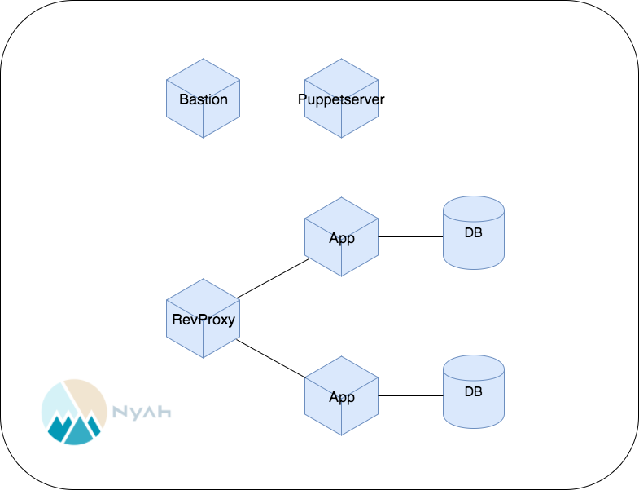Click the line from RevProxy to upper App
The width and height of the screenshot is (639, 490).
pos(273,278)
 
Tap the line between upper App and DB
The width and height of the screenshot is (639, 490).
pos(410,237)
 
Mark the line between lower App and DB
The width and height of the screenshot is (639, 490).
pos(410,396)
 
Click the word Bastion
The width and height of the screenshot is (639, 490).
pos(203,100)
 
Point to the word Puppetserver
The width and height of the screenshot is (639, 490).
pos(341,100)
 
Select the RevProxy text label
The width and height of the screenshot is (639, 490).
pos(204,320)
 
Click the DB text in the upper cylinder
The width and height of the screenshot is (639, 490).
pos(474,232)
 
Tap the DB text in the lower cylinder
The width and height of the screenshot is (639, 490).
pos(474,391)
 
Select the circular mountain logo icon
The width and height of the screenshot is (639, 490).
pos(74,412)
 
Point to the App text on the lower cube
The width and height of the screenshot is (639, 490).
pos(342,397)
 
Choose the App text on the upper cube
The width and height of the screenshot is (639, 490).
pos(342,238)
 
